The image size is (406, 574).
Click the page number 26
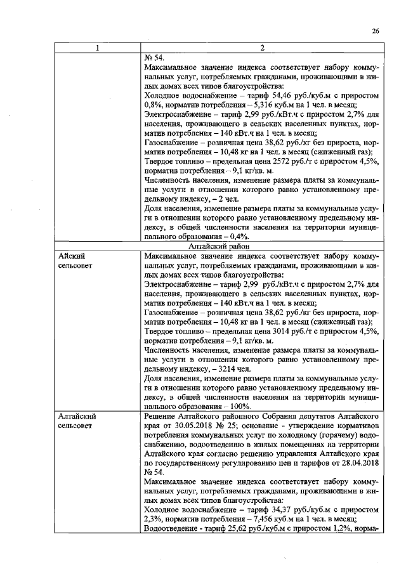(375, 31)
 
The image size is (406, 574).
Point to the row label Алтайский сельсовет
(76, 421)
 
